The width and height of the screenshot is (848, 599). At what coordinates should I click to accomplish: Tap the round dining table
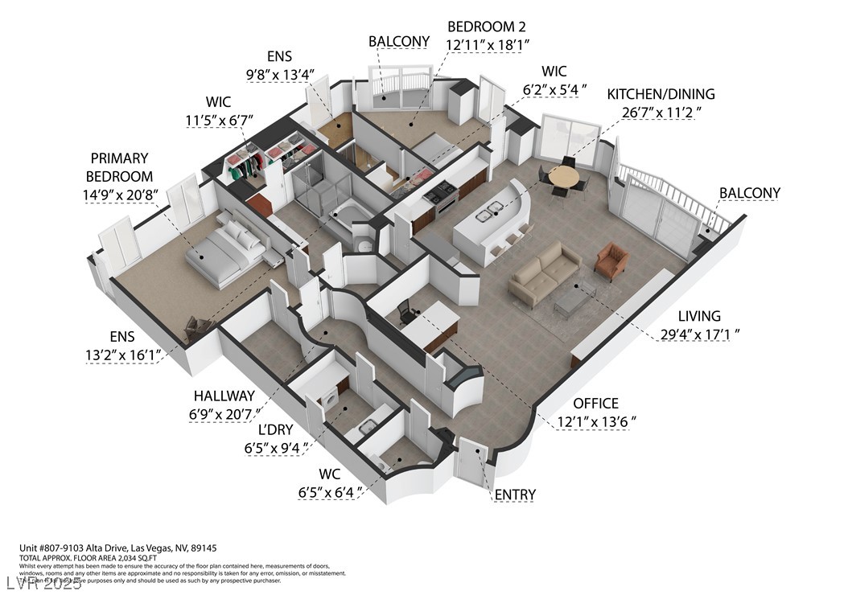(x=563, y=177)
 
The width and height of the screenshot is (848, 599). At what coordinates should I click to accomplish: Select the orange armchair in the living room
(x=611, y=261)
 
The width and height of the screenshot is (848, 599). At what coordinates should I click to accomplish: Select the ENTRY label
(x=515, y=494)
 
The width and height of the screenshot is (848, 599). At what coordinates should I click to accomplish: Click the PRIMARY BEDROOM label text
(x=120, y=167)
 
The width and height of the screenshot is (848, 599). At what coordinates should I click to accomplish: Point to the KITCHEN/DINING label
(x=661, y=94)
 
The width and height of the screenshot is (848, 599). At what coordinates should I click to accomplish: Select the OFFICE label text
(x=595, y=403)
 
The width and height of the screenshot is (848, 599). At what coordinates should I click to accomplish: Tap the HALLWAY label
(x=224, y=396)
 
